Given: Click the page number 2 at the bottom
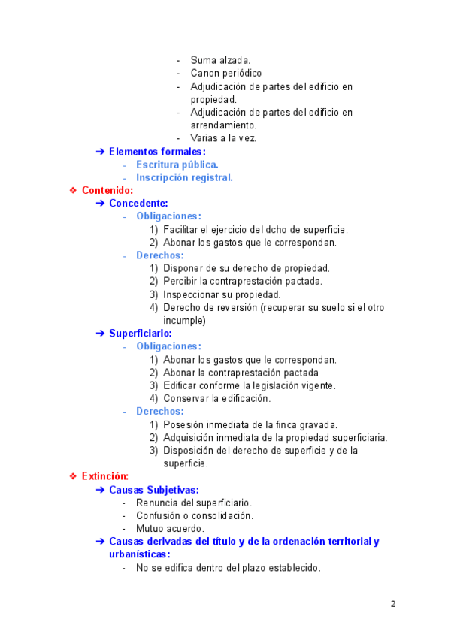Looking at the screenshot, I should tap(393, 605).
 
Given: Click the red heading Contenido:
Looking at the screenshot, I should tap(107, 190).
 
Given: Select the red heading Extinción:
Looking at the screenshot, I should tap(105, 476).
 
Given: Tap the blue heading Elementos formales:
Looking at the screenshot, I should tap(157, 152).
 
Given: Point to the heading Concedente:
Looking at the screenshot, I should tap(138, 203).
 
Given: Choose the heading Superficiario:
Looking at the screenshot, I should tap(141, 333).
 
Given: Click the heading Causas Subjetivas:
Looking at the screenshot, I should tap(153, 490).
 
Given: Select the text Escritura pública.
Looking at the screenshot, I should tap(177, 165).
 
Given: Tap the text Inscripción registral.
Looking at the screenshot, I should tap(184, 177).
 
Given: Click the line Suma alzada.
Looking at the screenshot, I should tap(220, 60).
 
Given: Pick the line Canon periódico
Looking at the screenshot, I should tap(225, 74).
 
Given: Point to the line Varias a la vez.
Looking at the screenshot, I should tap(224, 138).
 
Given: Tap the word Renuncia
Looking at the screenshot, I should tap(156, 503).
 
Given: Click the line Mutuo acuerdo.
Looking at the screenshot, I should tap(169, 528).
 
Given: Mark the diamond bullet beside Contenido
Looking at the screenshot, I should tap(73, 190).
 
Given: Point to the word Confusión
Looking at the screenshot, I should tap(158, 515).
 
